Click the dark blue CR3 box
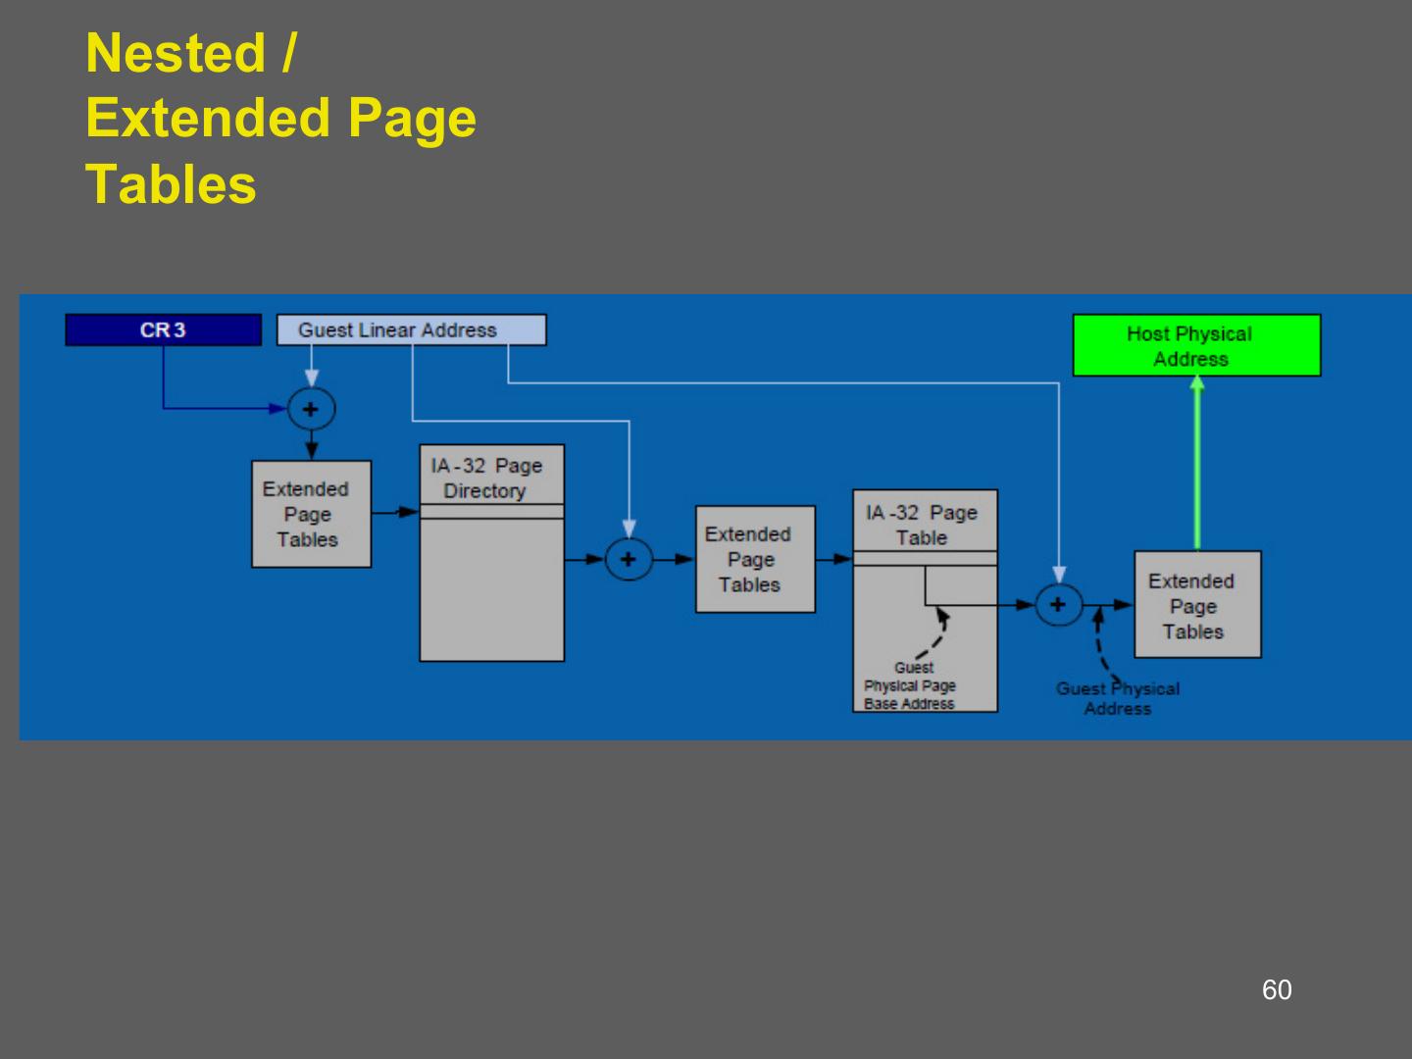coord(163,330)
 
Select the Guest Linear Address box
coord(411,330)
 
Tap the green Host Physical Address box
coord(1196,345)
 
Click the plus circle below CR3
coord(311,409)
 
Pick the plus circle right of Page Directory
coord(629,560)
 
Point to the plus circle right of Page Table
coord(1058,604)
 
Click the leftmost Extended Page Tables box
coord(311,514)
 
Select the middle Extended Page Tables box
coord(755,559)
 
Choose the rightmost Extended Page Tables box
coord(1197,605)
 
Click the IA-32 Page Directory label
coord(487,478)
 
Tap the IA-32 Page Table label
coord(922,525)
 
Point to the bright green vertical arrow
coord(1196,466)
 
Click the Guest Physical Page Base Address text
coord(910,685)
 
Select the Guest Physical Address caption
coord(1118,698)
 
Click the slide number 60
coord(1277,989)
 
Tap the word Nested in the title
coord(176,53)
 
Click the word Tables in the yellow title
coord(171,184)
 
